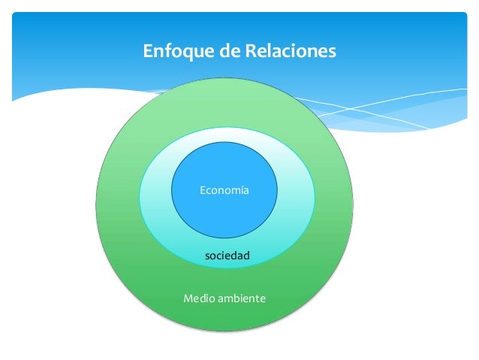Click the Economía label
[224, 191]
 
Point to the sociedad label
[227, 257]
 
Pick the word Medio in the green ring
[197, 299]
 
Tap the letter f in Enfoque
[160, 52]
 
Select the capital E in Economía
[202, 191]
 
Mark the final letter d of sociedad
[246, 257]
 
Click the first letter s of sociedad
[208, 258]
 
